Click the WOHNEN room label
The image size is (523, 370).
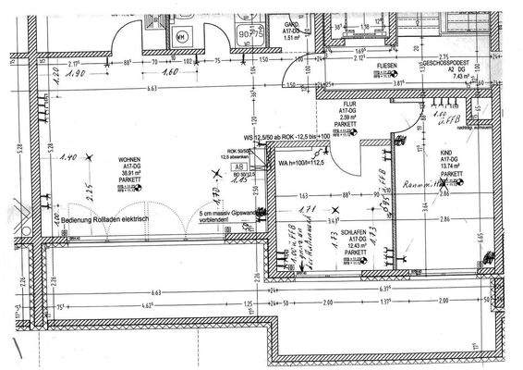pyautogui.click(x=128, y=160)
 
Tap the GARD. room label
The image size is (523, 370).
pyautogui.click(x=292, y=25)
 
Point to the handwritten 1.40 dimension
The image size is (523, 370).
pyautogui.click(x=66, y=158)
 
